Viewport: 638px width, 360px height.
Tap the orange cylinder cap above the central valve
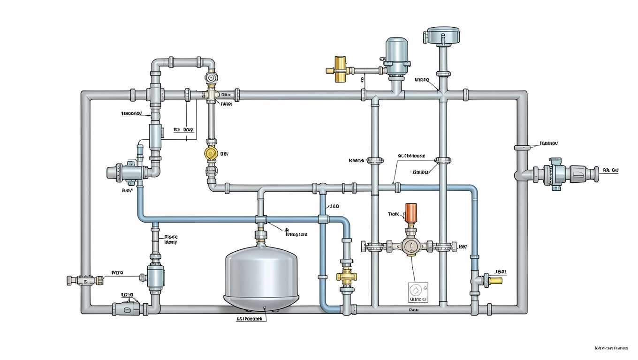point(411,214)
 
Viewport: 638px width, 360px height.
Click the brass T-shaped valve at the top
point(338,70)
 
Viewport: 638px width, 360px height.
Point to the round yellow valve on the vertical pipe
point(211,153)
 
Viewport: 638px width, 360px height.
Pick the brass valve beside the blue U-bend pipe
point(347,276)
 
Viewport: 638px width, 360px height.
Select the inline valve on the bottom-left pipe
point(126,309)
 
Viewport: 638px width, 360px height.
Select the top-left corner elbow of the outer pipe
point(86,96)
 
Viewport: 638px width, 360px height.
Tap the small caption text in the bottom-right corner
point(610,348)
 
